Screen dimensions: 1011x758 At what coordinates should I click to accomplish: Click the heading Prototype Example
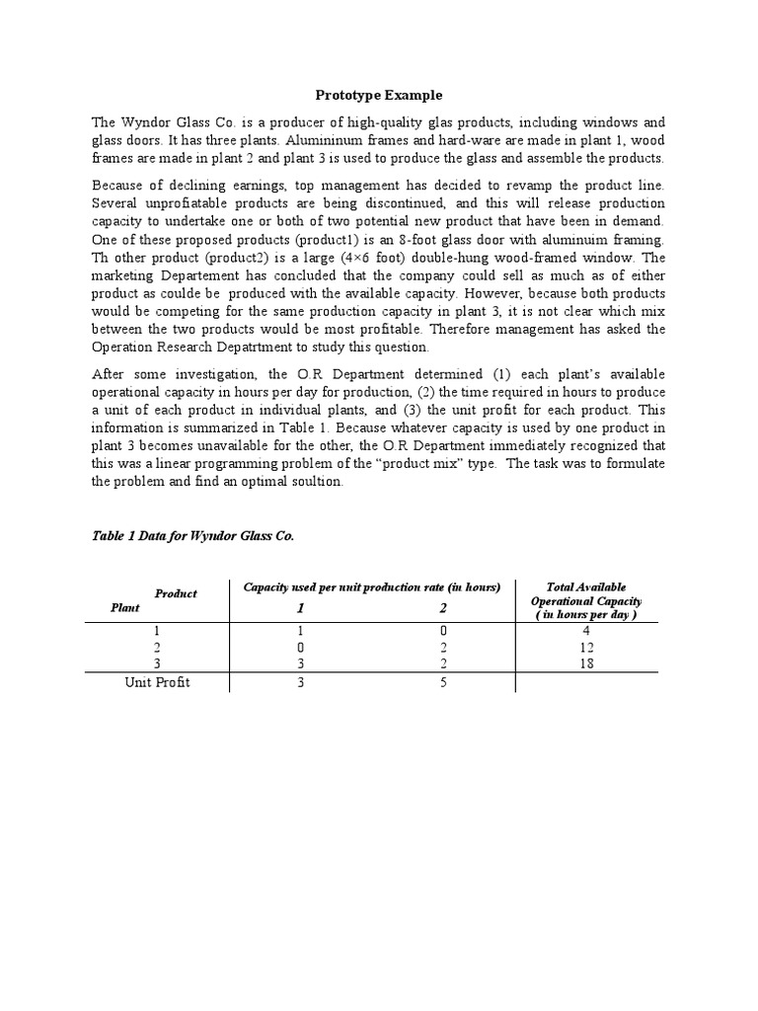point(379,96)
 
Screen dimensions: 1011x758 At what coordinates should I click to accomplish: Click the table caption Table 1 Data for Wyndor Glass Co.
point(192,536)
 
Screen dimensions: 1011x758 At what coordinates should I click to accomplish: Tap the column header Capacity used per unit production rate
point(372,587)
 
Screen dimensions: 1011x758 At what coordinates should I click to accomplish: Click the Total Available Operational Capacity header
point(586,600)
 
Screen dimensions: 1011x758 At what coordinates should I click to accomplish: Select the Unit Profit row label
point(157,683)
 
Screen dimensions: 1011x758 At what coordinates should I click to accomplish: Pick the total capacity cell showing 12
point(586,648)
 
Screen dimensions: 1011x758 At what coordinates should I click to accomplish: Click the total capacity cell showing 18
point(586,665)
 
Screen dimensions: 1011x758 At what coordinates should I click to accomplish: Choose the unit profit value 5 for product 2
point(444,683)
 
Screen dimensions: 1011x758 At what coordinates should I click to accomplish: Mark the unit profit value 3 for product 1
point(298,683)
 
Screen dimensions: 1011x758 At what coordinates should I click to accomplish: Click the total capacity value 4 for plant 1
point(586,630)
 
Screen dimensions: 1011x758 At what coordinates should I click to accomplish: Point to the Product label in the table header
point(176,593)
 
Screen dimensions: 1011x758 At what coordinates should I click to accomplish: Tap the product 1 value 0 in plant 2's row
point(298,648)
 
